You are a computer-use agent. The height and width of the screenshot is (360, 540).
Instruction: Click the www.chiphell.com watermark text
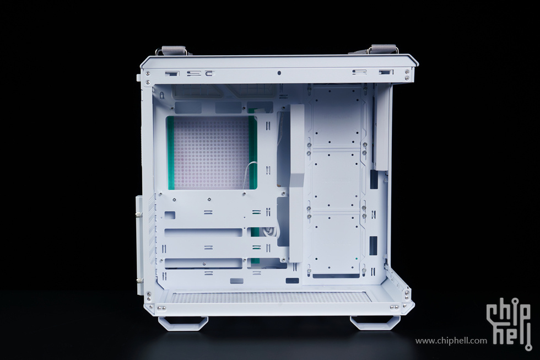tap(451, 341)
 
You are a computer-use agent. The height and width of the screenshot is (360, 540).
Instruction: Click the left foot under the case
tap(183, 323)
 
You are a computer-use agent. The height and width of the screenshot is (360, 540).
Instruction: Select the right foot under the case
tap(375, 323)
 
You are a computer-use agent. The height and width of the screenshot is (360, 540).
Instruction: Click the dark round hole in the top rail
tap(279, 73)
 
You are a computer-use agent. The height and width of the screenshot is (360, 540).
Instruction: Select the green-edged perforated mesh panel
tap(212, 153)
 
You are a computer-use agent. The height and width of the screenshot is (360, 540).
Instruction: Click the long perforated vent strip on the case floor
tap(269, 297)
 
